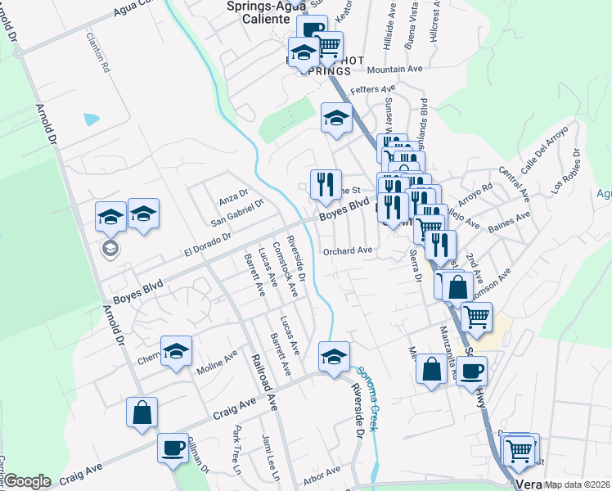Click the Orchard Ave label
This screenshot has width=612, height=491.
coord(348,250)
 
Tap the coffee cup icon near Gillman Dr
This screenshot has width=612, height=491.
coord(173,449)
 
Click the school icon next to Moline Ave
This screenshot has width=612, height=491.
coord(176,352)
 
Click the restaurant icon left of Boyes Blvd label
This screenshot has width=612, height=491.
coord(325,184)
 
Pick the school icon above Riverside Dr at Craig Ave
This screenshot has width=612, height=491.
coord(334,357)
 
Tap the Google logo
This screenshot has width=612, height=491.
coord(26,481)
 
